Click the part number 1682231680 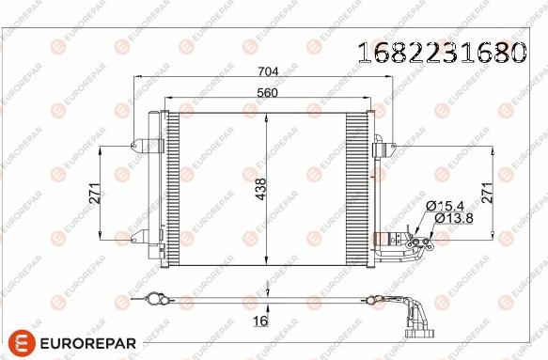tap(440, 54)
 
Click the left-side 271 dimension tap(94, 193)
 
